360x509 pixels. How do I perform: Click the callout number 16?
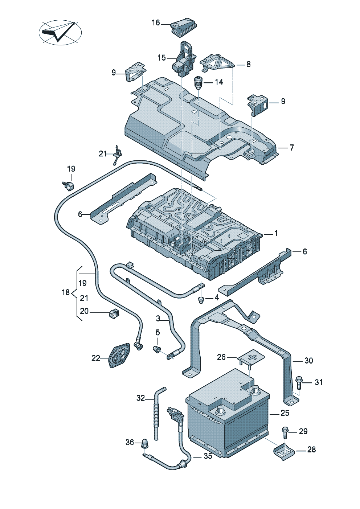coord(156,23)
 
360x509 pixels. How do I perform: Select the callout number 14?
coord(219,82)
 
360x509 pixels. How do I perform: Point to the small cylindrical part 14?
coord(198,82)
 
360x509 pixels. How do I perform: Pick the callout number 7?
coord(291,148)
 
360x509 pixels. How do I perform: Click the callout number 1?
coord(276,233)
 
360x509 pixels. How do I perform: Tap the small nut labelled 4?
coord(201,300)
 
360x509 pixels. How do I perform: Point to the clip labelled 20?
coord(114,313)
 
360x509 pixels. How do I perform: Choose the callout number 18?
coord(65,292)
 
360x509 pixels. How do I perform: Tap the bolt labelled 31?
coord(299,383)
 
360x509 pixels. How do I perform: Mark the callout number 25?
coord(285,413)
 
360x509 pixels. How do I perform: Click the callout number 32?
coord(140,398)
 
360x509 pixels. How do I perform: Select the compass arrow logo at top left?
coord(60,32)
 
